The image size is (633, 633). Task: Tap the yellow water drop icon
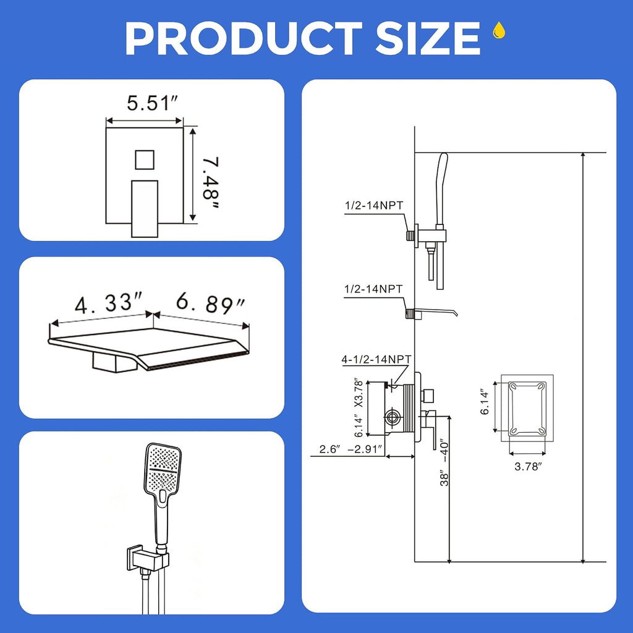(x=499, y=30)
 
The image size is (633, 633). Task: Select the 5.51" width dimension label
(x=152, y=103)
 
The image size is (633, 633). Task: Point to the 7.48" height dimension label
(x=211, y=183)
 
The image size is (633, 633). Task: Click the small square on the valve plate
(x=145, y=160)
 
